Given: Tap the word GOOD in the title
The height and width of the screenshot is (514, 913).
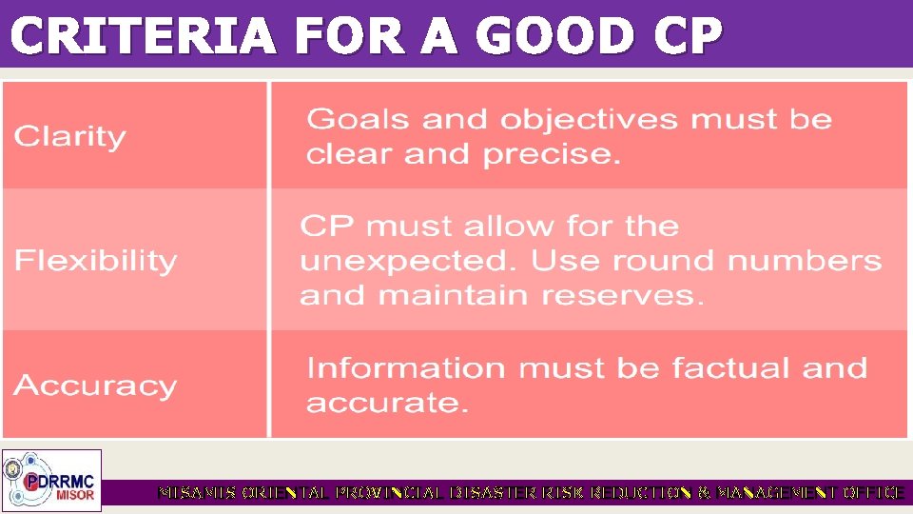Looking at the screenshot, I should point(554,37).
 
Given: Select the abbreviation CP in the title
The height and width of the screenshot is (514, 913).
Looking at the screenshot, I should point(688,37).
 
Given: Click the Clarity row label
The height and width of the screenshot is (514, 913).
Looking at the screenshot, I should point(69,137).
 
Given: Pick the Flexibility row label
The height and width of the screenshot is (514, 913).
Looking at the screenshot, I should point(96,261).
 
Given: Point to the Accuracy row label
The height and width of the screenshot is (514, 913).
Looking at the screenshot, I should point(95,386).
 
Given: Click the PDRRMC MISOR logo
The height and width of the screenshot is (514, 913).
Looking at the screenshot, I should point(52,480).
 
